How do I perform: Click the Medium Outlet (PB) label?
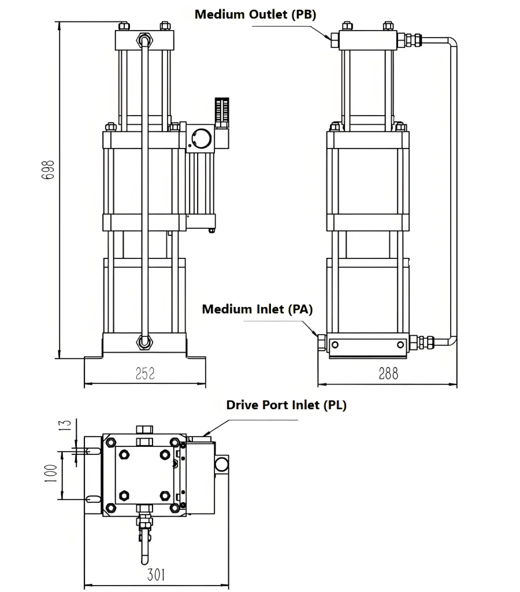[255, 14]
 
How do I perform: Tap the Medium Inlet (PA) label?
[257, 309]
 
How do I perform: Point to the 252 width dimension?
[145, 374]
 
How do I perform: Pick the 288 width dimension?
[388, 374]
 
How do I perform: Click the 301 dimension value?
[155, 575]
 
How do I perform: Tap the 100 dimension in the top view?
[51, 475]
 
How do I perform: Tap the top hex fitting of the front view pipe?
[143, 40]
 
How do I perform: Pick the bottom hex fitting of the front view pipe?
[143, 342]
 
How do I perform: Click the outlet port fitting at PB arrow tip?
[334, 40]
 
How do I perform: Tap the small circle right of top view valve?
[221, 464]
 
